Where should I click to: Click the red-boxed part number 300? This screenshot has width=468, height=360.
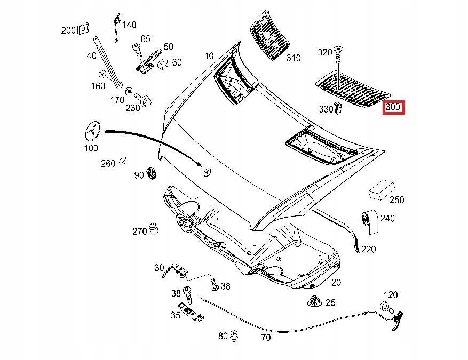393,107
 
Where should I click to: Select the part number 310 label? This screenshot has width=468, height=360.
293,58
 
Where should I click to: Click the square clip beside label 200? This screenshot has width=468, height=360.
82,29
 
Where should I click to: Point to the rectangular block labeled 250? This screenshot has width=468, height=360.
380,189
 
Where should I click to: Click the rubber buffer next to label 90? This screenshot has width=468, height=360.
151,174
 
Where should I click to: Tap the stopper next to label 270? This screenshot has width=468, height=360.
154,228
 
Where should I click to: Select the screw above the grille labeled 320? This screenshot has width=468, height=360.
338,53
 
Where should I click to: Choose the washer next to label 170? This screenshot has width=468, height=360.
129,91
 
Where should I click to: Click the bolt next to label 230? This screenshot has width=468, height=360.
144,99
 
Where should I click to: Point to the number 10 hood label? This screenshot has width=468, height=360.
209,55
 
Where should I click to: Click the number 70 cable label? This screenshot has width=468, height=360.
265,337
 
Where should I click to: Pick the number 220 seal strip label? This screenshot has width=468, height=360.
368,249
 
